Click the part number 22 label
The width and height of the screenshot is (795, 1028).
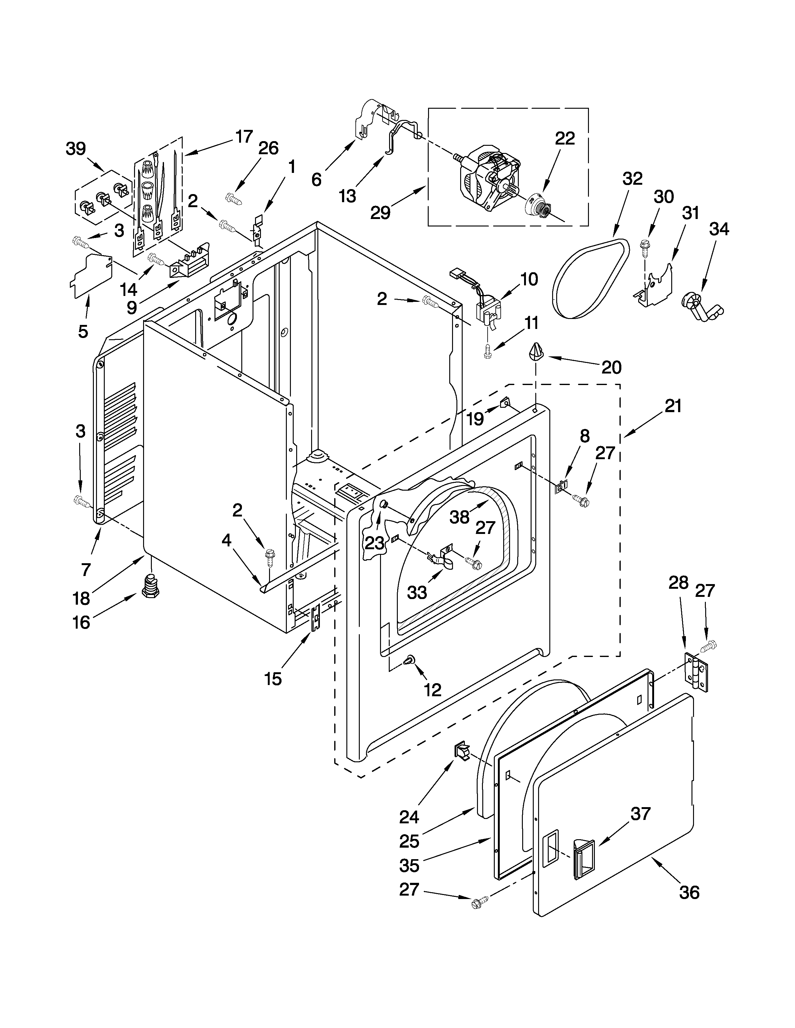point(565,138)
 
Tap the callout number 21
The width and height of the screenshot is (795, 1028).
point(673,406)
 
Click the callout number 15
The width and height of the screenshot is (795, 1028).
point(273,679)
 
